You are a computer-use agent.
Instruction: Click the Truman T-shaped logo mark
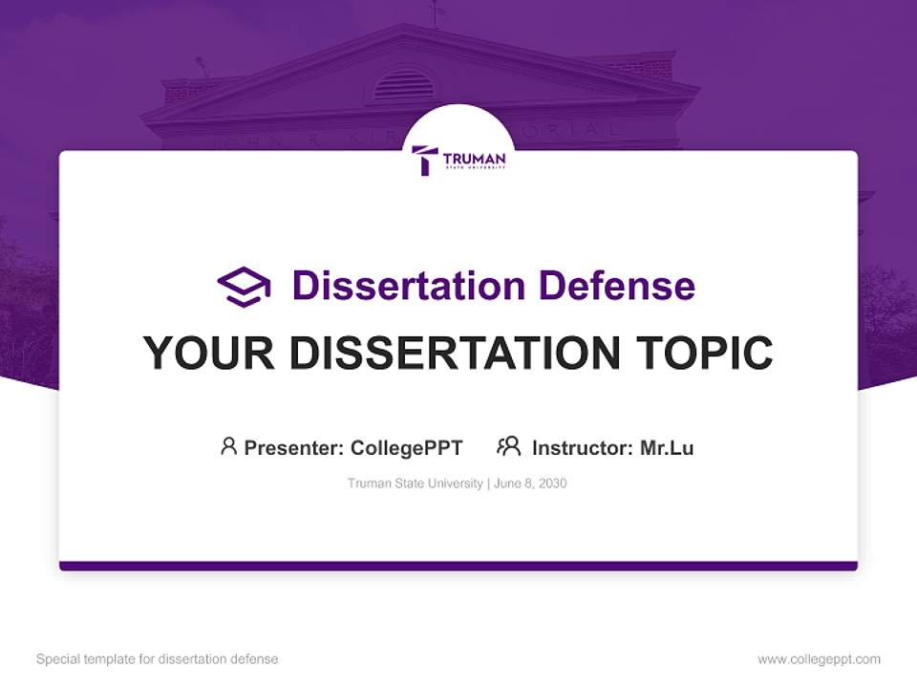pyautogui.click(x=425, y=160)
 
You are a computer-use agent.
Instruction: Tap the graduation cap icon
pyautogui.click(x=244, y=286)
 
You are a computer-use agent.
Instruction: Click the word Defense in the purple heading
pyautogui.click(x=615, y=286)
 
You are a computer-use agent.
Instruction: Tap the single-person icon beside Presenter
pyautogui.click(x=228, y=446)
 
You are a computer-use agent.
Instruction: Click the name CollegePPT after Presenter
pyautogui.click(x=406, y=447)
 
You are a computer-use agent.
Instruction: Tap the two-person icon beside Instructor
pyautogui.click(x=509, y=446)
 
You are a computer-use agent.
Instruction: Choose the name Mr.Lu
pyautogui.click(x=667, y=447)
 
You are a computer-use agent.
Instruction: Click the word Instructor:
pyautogui.click(x=582, y=447)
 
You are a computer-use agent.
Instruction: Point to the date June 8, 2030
pyautogui.click(x=530, y=484)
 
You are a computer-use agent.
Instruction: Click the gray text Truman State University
pyautogui.click(x=416, y=484)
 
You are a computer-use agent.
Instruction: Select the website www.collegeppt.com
pyautogui.click(x=819, y=659)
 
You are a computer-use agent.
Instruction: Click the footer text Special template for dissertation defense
pyautogui.click(x=158, y=659)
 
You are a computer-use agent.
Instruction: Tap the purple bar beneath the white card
pyautogui.click(x=458, y=566)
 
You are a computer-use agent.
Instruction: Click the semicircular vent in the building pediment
pyautogui.click(x=402, y=85)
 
